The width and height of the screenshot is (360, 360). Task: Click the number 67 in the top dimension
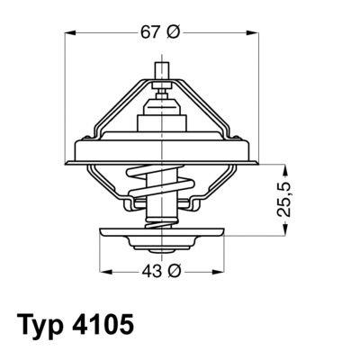(149, 31)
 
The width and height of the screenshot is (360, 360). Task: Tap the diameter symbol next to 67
(174, 31)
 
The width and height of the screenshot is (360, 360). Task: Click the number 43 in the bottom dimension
(149, 271)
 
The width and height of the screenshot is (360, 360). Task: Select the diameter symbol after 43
(174, 271)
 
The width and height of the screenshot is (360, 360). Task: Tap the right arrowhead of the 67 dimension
(256, 32)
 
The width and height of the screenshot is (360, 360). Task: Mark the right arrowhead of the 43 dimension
(226, 271)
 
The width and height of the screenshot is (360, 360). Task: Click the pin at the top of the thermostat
(163, 72)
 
